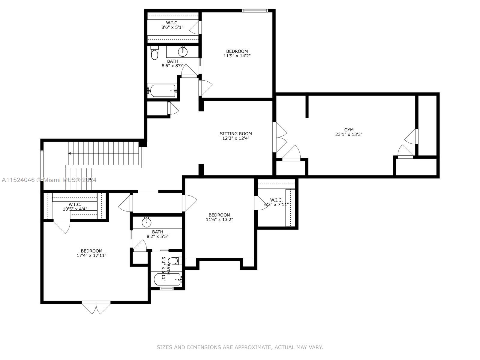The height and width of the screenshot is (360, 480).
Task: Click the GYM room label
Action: click(x=349, y=130)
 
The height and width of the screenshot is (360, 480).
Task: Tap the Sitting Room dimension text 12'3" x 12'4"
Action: click(x=236, y=138)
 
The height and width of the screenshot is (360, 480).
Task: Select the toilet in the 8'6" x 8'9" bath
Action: click(x=154, y=54)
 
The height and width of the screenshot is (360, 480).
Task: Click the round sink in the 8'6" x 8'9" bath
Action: click(x=182, y=52)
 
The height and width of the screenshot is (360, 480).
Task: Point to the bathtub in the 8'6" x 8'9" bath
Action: click(x=162, y=91)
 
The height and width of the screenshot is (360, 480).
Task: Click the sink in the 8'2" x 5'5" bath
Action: click(x=146, y=222)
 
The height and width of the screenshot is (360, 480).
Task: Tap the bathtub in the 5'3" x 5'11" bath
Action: click(x=167, y=280)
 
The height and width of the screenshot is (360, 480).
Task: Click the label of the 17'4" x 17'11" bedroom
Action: click(x=91, y=251)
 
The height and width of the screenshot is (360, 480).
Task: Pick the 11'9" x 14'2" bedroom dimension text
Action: click(x=237, y=56)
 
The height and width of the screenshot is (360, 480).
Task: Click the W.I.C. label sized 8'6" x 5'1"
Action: click(x=172, y=23)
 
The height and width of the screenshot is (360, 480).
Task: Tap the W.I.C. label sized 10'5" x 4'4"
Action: click(x=75, y=205)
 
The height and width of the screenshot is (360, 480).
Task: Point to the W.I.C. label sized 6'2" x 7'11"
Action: click(x=276, y=200)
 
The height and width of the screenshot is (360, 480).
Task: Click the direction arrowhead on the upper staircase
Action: click(x=70, y=153)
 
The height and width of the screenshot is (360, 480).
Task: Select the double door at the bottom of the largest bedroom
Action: click(x=96, y=308)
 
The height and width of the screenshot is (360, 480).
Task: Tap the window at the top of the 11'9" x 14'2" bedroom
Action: click(x=255, y=11)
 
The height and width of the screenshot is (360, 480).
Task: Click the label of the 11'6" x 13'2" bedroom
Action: click(x=219, y=215)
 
